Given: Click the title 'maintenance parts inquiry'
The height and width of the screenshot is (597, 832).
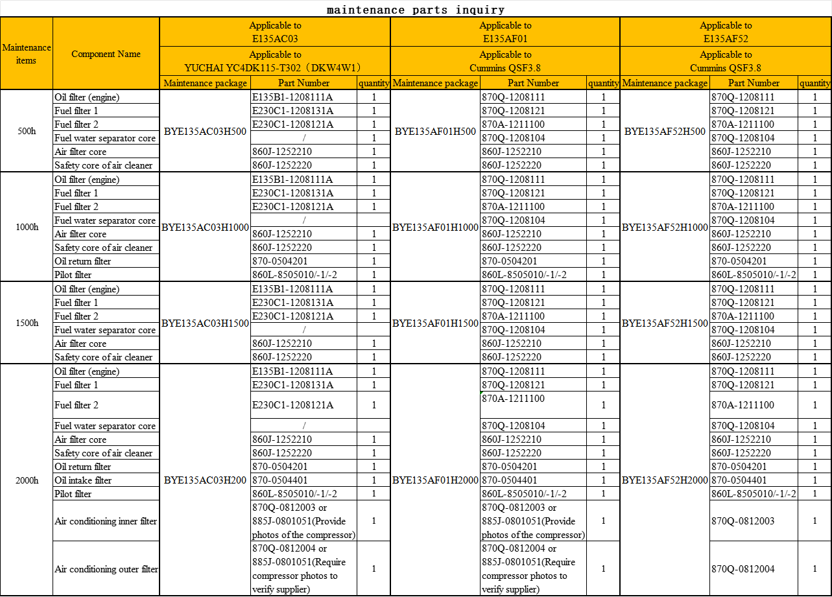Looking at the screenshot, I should click(416, 10).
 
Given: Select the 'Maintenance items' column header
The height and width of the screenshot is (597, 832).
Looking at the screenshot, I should click(27, 54).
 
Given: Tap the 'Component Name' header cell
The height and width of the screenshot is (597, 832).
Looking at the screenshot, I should click(106, 54).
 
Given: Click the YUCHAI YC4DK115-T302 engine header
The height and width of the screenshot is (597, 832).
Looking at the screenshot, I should click(274, 67).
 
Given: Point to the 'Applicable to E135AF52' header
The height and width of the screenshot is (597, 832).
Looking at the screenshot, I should click(726, 32).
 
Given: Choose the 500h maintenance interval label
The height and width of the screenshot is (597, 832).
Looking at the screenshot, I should click(27, 131).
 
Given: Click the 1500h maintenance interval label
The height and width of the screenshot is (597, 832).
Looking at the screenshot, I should click(27, 323).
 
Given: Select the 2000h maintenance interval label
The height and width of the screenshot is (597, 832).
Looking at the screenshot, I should click(27, 480).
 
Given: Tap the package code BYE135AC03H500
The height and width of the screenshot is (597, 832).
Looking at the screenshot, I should click(205, 131).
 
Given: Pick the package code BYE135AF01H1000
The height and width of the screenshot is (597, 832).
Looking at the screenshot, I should click(435, 227).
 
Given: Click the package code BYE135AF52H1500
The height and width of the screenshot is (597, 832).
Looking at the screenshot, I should click(665, 323).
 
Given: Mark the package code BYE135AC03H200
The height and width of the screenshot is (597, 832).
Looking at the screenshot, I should click(205, 480).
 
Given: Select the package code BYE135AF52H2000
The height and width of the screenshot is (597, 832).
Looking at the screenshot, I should click(665, 480).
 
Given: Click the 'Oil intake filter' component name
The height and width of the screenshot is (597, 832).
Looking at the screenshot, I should click(83, 480).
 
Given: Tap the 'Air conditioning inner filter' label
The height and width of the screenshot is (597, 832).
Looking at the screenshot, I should click(106, 521).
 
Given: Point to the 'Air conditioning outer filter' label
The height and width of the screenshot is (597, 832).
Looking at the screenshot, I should click(106, 569).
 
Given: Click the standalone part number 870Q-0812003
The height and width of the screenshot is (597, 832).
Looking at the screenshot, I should click(743, 521).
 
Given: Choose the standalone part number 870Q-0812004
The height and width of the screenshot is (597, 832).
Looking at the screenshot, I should click(743, 569).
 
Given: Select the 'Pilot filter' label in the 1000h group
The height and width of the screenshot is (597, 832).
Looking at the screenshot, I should click(73, 275).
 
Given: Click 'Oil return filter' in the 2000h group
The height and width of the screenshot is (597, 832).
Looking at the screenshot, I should click(83, 467).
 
